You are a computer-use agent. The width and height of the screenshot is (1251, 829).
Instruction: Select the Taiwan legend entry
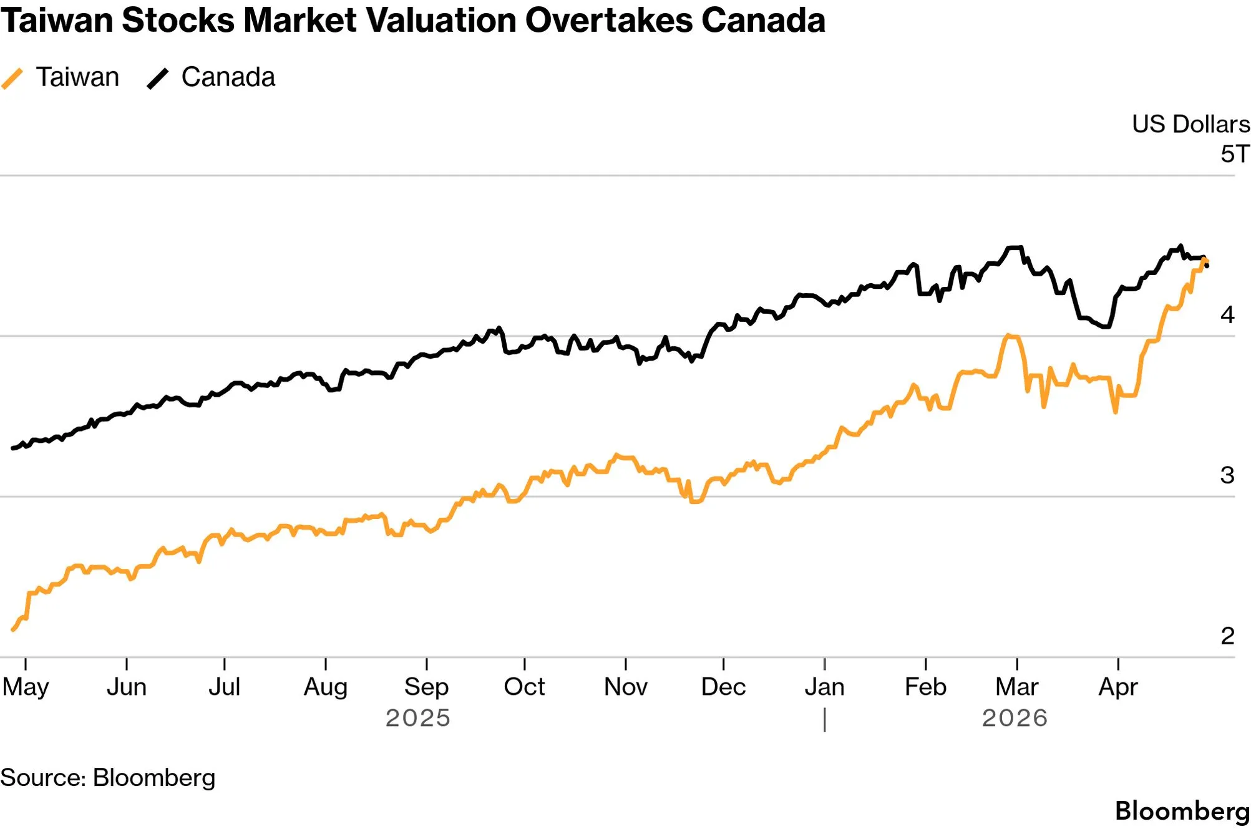(61, 77)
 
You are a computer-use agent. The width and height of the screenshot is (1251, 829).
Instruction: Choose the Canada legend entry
(211, 77)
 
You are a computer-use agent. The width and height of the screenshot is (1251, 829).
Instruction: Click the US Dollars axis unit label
(1191, 124)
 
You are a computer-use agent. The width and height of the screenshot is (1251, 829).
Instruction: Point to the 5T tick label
(1235, 154)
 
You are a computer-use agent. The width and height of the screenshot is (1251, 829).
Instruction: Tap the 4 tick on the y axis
(1227, 314)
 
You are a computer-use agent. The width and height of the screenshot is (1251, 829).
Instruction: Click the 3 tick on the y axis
(1227, 475)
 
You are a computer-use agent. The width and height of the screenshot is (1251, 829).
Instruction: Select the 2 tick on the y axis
(1227, 636)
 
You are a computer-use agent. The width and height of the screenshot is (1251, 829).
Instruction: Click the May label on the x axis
(26, 687)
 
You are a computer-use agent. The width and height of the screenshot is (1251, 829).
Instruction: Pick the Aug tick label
(326, 687)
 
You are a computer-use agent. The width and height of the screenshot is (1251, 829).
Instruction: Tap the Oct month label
(524, 687)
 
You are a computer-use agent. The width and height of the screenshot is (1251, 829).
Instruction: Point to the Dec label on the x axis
(723, 687)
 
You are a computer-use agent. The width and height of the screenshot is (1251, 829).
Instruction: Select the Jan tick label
(824, 687)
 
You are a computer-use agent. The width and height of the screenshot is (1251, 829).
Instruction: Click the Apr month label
(1118, 687)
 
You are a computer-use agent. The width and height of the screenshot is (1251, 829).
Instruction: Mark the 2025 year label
(418, 718)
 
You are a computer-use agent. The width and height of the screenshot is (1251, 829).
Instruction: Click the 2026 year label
(1015, 718)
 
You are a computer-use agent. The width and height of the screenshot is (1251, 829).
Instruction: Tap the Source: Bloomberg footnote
(108, 778)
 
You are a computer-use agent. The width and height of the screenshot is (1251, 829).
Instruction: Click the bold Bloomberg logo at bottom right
(1182, 812)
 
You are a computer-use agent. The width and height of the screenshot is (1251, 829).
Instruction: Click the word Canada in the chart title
(763, 20)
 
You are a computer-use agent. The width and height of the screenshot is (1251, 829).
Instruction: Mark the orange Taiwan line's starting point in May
(13, 630)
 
